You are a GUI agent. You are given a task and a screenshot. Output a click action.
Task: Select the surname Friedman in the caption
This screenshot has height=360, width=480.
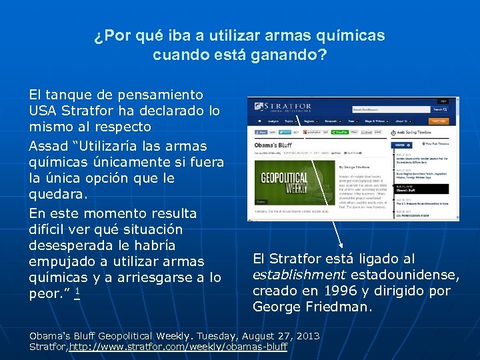coord(339,307)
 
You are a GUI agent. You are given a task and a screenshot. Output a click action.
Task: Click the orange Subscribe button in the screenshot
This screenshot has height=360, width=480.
coord(438,122)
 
